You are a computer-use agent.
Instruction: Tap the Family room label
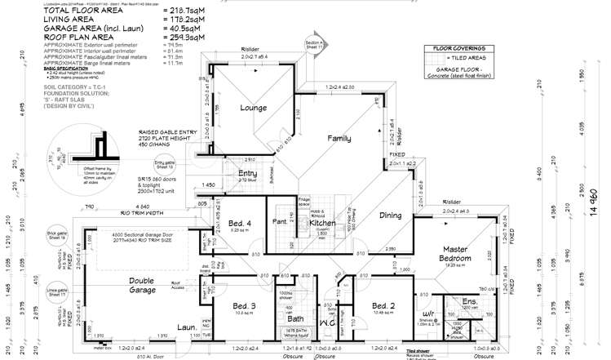coord(339,139)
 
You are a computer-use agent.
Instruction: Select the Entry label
coord(247,173)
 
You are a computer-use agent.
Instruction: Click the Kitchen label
coord(301,223)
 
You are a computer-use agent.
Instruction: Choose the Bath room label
coord(294,319)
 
